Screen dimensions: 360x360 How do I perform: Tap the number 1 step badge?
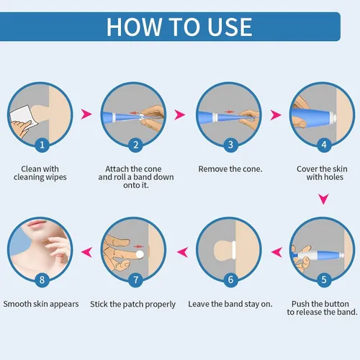pyautogui.click(x=41, y=145)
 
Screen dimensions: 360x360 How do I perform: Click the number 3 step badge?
pyautogui.click(x=229, y=145)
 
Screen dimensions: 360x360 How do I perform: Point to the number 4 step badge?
pyautogui.click(x=324, y=145)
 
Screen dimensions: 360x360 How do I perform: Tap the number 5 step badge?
pyautogui.click(x=324, y=279)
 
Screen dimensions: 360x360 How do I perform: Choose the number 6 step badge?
pyautogui.click(x=229, y=279)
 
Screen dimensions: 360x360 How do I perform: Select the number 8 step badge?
pyautogui.click(x=41, y=279)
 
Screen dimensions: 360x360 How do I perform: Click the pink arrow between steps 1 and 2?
pyautogui.click(x=88, y=114)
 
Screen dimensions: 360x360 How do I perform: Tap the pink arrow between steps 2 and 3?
pyautogui.click(x=181, y=114)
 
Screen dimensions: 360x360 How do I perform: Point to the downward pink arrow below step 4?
pyautogui.click(x=324, y=198)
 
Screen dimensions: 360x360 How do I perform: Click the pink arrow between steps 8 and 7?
pyautogui.click(x=88, y=251)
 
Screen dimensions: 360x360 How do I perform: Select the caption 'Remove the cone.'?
pyautogui.click(x=229, y=168)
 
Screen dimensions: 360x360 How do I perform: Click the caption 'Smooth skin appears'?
pyautogui.click(x=41, y=304)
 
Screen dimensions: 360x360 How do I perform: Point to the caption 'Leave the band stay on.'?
pyautogui.click(x=230, y=304)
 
